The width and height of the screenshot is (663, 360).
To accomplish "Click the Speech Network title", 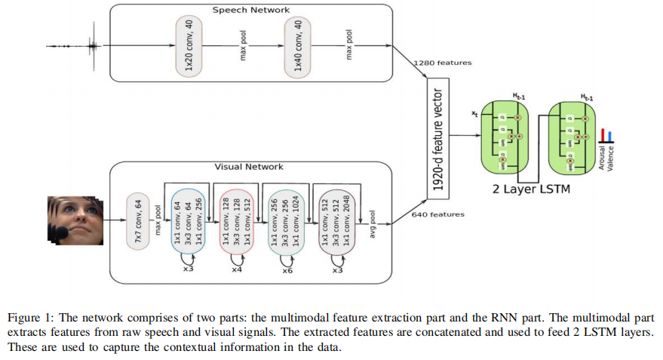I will pyautogui.click(x=250, y=11).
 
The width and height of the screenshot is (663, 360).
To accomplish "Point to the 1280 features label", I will pyautogui.click(x=443, y=63).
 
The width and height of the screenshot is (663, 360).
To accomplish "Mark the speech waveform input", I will pyautogui.click(x=75, y=46).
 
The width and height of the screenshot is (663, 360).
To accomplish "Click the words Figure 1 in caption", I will pyautogui.click(x=28, y=318).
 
